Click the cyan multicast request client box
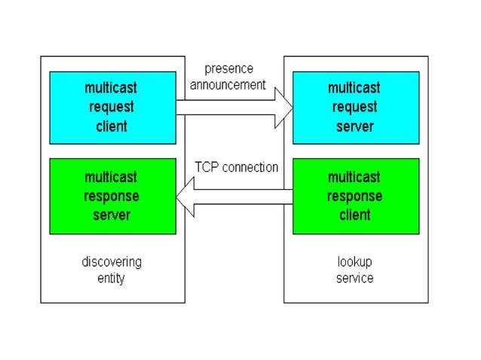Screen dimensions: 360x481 pyautogui.click(x=112, y=108)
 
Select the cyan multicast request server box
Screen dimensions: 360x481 pyautogui.click(x=354, y=108)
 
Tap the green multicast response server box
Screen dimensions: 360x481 pyautogui.click(x=112, y=196)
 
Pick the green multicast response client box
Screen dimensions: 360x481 pyautogui.click(x=354, y=196)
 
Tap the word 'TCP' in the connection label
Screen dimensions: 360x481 pyautogui.click(x=207, y=166)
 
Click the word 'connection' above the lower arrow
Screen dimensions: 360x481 pyautogui.click(x=250, y=166)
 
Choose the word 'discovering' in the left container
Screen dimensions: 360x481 pyautogui.click(x=112, y=262)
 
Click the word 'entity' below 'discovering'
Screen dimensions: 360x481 pyautogui.click(x=112, y=278)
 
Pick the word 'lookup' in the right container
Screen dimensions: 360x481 pyautogui.click(x=354, y=262)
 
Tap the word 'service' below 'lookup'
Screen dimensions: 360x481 pyautogui.click(x=354, y=278)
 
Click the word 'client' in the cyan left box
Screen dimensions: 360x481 pyautogui.click(x=112, y=126)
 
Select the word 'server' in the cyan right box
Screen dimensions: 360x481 pyautogui.click(x=354, y=126)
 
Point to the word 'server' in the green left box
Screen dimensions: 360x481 pyautogui.click(x=112, y=215)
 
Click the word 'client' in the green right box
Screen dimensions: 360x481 pyautogui.click(x=354, y=215)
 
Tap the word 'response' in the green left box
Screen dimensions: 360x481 pyautogui.click(x=112, y=196)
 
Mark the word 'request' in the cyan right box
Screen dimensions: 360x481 pyautogui.click(x=354, y=107)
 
